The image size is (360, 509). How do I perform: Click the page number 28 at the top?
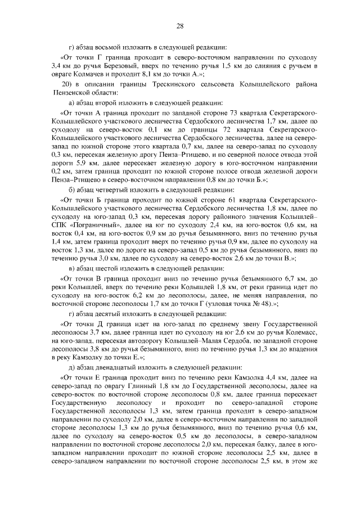pos(180,26)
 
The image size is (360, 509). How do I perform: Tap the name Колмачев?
pos(94,74)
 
